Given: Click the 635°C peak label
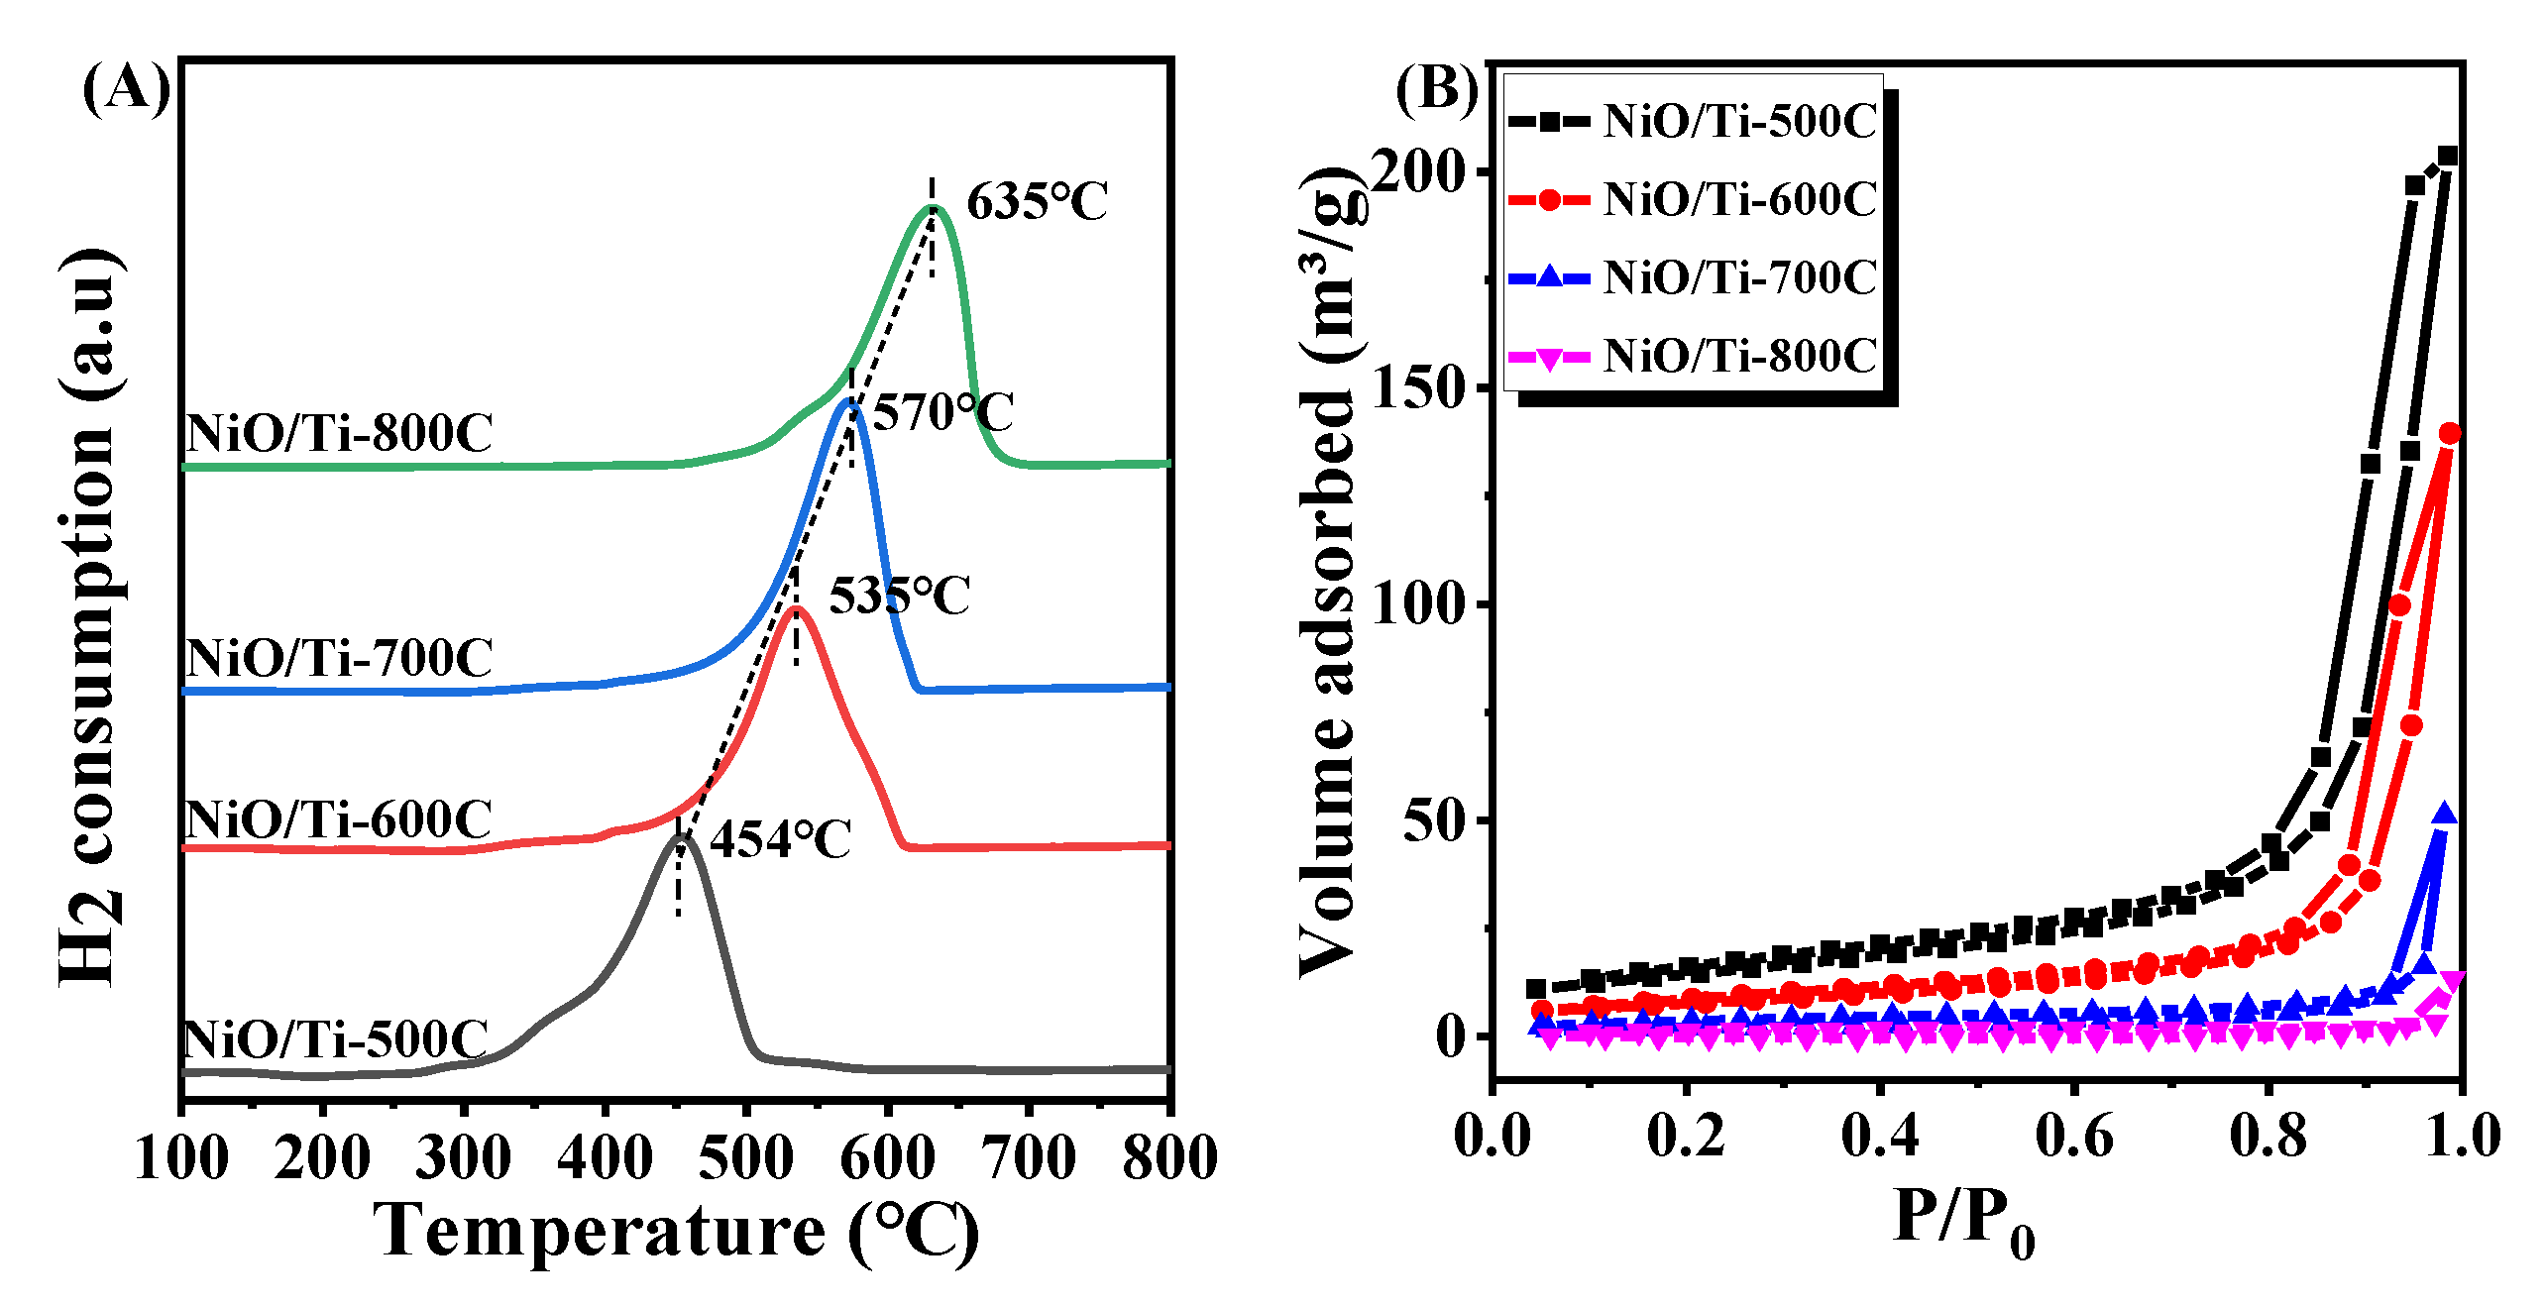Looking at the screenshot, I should (x=1037, y=202).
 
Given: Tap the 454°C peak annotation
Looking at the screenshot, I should (x=781, y=840).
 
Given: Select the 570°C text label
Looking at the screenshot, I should (x=943, y=412).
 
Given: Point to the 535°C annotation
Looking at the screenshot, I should (x=899, y=597).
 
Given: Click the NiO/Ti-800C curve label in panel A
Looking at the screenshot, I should (x=339, y=434).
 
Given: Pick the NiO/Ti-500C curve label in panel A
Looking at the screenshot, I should (x=335, y=1040).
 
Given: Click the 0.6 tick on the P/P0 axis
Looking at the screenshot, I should (x=2073, y=1136).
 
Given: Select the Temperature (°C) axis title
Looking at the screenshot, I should (x=676, y=1232).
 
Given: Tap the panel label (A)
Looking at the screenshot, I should (x=126, y=89).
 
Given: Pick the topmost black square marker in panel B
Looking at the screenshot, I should (x=2448, y=157).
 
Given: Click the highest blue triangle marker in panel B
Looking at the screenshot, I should (x=2444, y=814).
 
